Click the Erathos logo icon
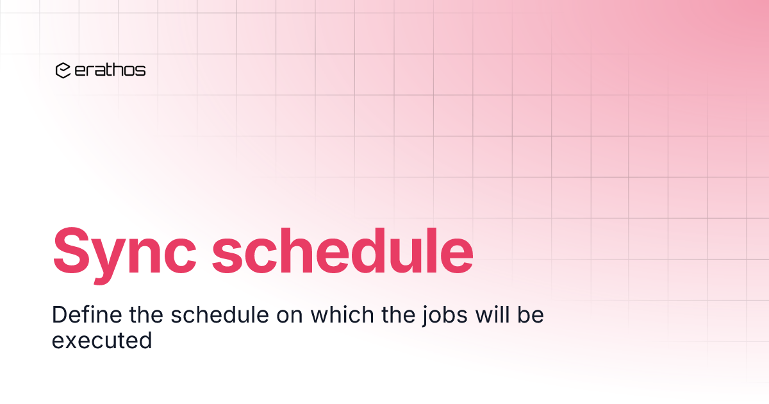coord(63,71)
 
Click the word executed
coord(102,341)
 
